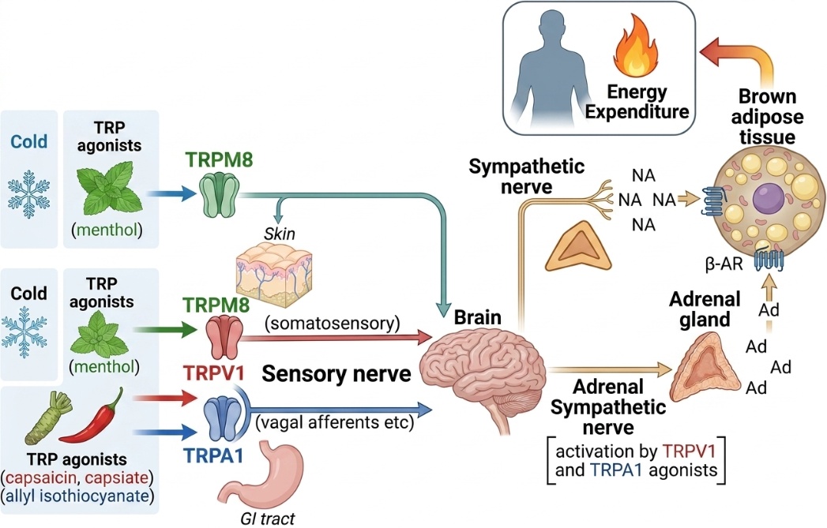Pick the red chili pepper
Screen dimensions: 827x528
(x=93, y=416)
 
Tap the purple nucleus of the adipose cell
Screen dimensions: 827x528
(x=768, y=200)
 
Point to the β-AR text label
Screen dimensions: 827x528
(x=724, y=263)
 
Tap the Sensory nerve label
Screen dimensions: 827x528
(x=336, y=373)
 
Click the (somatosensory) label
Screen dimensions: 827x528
(x=333, y=323)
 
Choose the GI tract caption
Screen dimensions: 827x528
(x=268, y=518)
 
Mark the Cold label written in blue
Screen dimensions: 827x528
(x=29, y=141)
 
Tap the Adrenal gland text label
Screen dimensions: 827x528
(x=705, y=309)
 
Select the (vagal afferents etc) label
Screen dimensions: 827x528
(x=334, y=422)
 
